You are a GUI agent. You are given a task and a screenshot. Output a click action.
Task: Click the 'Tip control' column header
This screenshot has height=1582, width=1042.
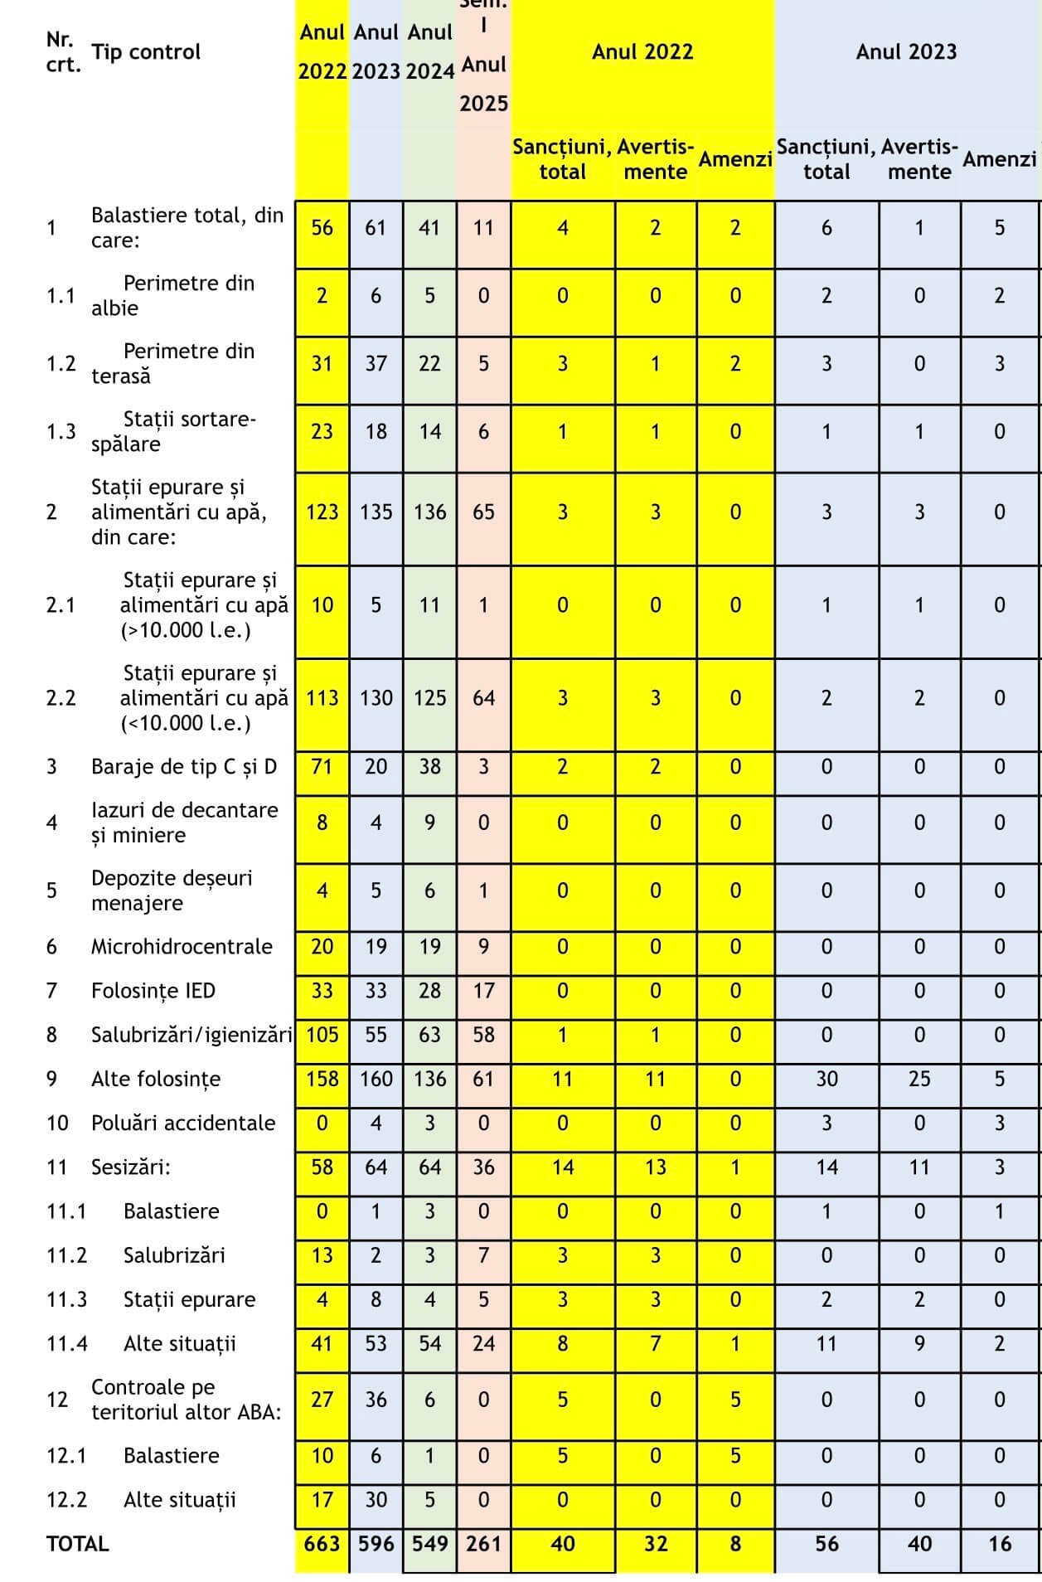coord(146,52)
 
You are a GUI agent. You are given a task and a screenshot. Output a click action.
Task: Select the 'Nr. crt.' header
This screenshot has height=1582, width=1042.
coord(63,52)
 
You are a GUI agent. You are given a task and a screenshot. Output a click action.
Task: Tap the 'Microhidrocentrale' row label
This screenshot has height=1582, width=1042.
coord(182,947)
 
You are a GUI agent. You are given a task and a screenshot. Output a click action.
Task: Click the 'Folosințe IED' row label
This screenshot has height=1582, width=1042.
coord(153,991)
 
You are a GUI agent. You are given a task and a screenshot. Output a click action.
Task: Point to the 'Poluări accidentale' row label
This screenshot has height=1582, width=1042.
coord(183,1123)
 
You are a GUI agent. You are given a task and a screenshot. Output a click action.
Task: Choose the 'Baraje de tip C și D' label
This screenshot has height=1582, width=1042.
coord(184,767)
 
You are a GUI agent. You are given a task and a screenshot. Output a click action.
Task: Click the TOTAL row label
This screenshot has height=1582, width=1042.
coord(78,1544)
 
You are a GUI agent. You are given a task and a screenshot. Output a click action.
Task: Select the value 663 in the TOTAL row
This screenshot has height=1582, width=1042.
coord(322,1544)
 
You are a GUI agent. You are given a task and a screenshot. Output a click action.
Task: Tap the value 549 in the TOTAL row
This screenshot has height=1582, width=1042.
coord(429,1544)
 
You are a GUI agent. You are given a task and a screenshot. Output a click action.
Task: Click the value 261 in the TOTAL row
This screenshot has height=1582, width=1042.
coord(483,1544)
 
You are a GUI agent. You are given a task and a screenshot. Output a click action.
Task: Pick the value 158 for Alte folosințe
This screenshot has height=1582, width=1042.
coord(322,1080)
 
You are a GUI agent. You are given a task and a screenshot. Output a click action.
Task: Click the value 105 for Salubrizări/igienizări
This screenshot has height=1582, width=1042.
coord(322,1035)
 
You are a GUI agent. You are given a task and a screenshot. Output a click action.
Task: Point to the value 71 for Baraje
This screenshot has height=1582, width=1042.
coord(322,767)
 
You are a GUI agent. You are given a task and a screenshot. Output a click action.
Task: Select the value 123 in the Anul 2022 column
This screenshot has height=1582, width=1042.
coord(322,512)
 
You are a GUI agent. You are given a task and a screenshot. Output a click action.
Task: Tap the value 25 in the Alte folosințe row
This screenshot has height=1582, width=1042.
coord(919,1080)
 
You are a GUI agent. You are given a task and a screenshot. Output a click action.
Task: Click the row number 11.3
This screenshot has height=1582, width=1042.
coord(66,1300)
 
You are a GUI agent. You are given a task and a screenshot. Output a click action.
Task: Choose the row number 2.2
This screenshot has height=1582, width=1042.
coord(61,698)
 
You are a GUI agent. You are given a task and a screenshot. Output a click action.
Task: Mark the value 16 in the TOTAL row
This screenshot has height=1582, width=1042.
coord(1000,1544)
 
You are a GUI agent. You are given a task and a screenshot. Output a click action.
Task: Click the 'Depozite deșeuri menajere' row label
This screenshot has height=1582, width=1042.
coord(172,890)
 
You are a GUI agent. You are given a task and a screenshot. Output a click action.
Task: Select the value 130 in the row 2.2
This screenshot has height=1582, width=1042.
coord(376,698)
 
